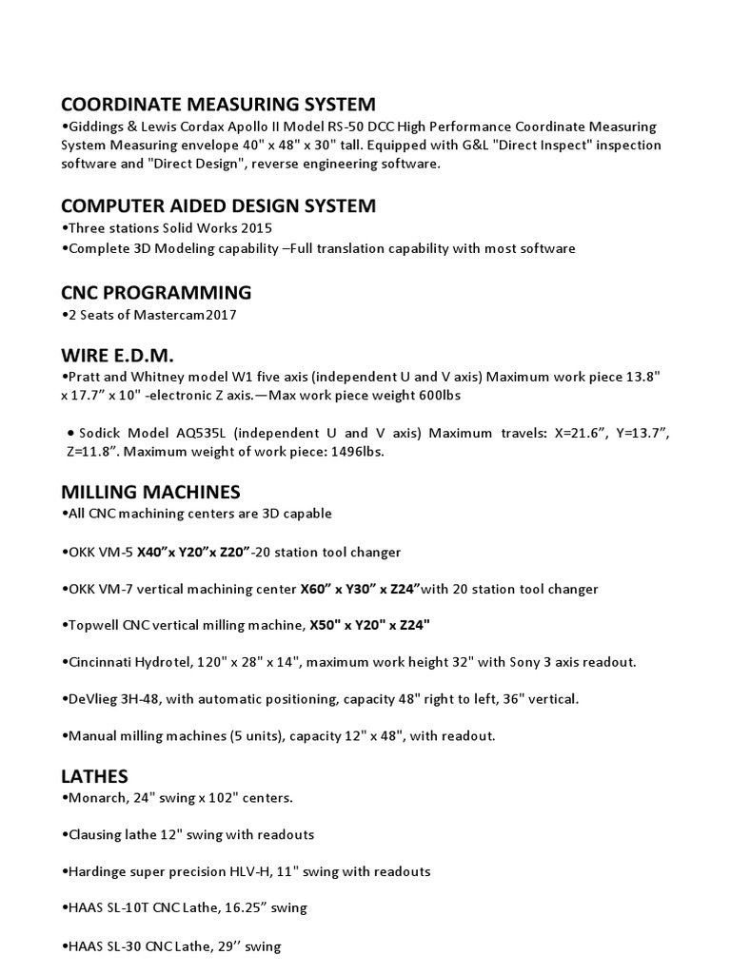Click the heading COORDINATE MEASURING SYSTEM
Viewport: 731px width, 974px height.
click(x=218, y=104)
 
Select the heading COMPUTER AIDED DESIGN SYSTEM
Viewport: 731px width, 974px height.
click(x=218, y=205)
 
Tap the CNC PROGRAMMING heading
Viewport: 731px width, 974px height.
click(x=156, y=291)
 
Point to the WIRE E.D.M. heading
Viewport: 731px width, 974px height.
click(x=118, y=356)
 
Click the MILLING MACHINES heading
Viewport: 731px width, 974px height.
click(x=150, y=492)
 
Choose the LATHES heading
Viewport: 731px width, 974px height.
click(x=94, y=776)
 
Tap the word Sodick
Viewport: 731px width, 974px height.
click(x=101, y=434)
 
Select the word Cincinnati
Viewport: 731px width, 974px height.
click(x=102, y=662)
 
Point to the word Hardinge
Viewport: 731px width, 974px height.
click(x=96, y=871)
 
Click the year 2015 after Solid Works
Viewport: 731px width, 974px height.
click(x=255, y=228)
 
